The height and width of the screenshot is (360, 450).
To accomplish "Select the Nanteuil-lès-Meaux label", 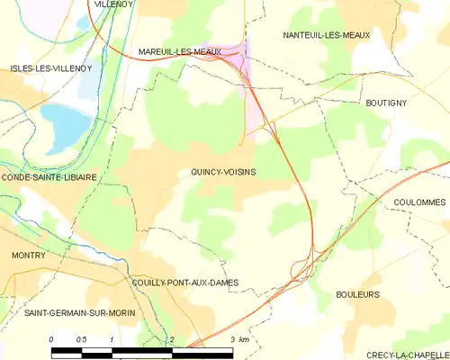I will pos(327,35).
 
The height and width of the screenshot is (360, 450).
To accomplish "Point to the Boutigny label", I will pos(386,103).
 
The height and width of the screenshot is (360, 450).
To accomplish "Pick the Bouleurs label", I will pos(357,294).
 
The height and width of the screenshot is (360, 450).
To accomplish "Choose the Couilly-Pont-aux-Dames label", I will pos(185,283).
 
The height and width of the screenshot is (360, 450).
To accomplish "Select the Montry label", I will pos(29,256).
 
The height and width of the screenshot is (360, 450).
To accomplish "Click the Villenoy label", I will pos(112,4).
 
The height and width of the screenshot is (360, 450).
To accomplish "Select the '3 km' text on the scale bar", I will pos(238,338).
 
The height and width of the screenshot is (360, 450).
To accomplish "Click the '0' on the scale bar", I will pos(51,338).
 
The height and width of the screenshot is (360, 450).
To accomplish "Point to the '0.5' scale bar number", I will pos(81,338).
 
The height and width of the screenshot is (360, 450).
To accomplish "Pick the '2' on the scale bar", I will pos(170,338).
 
